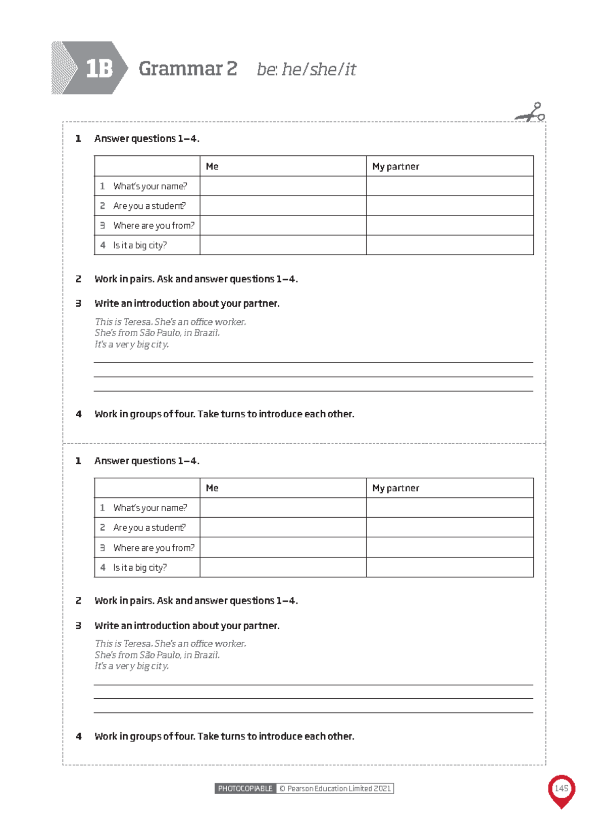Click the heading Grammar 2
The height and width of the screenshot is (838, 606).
coord(188,69)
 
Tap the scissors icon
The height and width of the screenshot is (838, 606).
coord(531,113)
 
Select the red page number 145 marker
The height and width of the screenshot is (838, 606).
coord(561,789)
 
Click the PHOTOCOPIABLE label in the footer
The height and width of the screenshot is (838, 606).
coord(245,789)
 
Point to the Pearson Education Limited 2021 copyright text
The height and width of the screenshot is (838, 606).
coord(335,789)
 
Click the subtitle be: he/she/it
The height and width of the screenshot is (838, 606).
coord(306,70)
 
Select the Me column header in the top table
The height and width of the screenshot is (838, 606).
coord(212,166)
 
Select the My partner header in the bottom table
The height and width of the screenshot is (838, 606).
coord(395,488)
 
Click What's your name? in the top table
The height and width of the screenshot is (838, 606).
coord(149,186)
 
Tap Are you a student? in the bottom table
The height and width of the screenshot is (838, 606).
coord(149,528)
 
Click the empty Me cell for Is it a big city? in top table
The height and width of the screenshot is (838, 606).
coord(283,245)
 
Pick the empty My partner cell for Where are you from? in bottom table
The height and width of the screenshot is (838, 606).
coord(449,548)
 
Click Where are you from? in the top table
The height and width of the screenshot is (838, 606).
coord(154,226)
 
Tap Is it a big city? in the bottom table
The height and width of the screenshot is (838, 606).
coord(139,568)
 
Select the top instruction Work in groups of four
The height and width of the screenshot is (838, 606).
coord(224,414)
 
